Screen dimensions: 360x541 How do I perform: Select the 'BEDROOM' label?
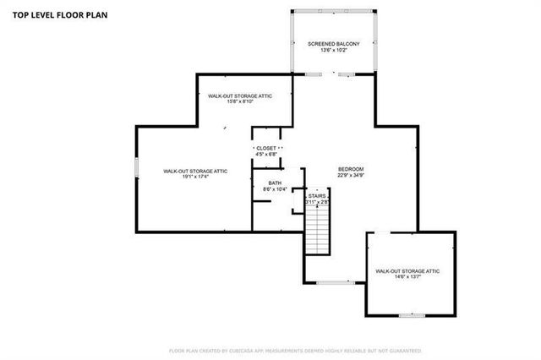point(351,169)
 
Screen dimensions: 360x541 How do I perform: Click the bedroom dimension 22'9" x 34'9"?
point(351,176)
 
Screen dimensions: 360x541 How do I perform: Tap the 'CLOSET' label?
point(265,148)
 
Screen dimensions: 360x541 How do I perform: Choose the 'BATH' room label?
point(275,183)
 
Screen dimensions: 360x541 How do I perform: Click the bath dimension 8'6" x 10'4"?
point(275,189)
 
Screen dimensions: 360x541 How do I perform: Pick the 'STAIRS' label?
point(317,196)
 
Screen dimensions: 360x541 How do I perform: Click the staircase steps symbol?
point(316,232)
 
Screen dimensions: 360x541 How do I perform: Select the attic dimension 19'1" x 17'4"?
point(195,177)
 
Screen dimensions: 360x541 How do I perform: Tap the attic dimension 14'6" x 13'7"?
point(407,277)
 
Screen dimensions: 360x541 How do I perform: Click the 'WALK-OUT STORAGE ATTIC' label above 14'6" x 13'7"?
point(407,270)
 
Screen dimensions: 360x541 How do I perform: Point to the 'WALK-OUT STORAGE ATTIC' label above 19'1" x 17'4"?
point(195,170)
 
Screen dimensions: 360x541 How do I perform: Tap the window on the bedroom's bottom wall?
point(331,281)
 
